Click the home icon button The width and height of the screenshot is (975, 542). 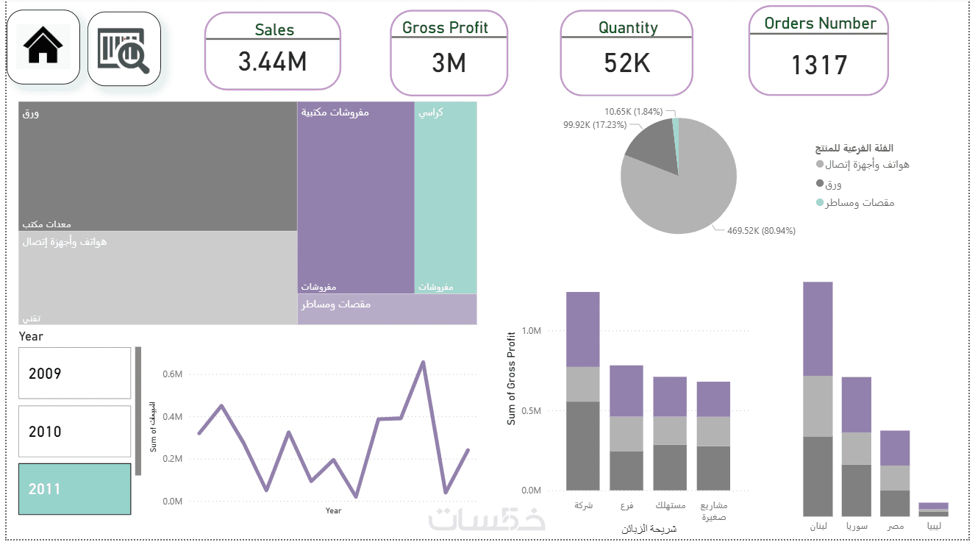(43, 47)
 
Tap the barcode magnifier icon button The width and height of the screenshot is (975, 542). (124, 49)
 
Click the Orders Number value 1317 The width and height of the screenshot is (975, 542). (818, 65)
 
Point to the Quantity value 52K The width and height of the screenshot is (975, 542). (627, 63)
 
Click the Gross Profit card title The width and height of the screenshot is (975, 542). (445, 28)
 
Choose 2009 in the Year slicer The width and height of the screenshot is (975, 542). (74, 374)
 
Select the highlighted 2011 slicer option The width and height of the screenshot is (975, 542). (74, 489)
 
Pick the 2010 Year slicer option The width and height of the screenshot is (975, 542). (74, 432)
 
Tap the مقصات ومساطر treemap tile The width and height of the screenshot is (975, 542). (387, 309)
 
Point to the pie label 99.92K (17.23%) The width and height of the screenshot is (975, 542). (595, 125)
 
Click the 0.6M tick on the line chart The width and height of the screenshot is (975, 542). (172, 374)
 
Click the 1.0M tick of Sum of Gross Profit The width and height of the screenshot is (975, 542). (532, 331)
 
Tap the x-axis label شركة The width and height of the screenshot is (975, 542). (582, 506)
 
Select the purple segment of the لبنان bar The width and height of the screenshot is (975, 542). (818, 329)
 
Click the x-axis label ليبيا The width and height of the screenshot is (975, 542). (932, 527)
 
